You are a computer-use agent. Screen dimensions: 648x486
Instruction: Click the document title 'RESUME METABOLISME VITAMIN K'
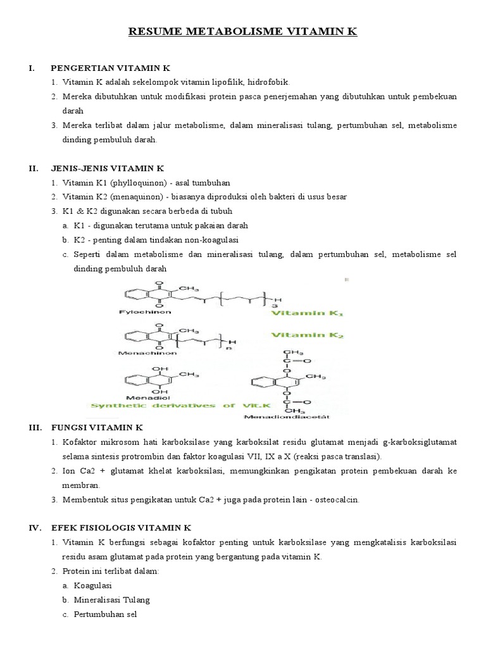click(243, 31)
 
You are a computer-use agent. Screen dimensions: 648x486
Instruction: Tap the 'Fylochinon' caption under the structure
click(144, 312)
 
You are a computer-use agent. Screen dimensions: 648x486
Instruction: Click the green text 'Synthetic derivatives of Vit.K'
click(171, 406)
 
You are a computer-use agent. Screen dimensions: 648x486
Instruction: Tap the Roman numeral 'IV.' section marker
click(36, 527)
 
